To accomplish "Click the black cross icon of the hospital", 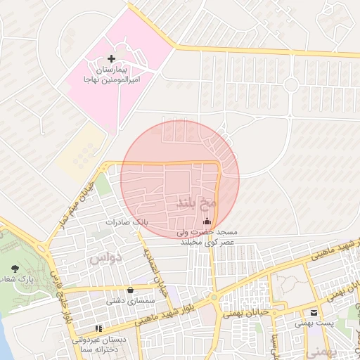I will tap(112, 58).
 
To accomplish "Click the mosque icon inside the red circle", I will tap(206, 223).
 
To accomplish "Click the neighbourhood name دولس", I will tap(106, 258).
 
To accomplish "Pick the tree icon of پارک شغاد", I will tap(15, 269).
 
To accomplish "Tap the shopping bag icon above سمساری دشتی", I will tap(130, 290).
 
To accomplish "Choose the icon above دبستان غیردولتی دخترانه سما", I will tap(98, 328).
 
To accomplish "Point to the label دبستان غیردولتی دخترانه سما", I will tap(99, 344).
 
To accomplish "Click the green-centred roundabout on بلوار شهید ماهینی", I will tap(213, 297).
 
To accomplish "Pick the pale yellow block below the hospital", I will tap(81, 151).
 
